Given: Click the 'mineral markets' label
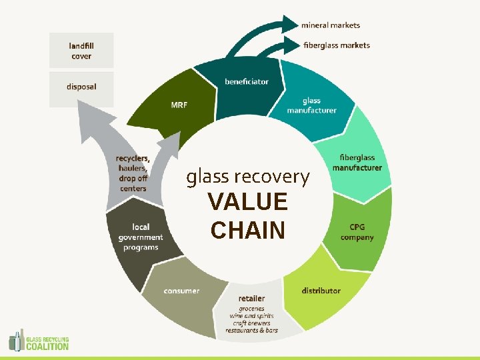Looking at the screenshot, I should (330, 25).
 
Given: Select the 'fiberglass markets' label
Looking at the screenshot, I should (336, 45).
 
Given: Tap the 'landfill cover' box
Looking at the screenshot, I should (81, 51).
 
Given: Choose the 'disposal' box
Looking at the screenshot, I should (81, 87).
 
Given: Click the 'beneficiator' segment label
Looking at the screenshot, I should (247, 81).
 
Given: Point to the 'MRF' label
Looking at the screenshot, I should (179, 105).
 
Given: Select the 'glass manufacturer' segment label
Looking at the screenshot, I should (311, 105).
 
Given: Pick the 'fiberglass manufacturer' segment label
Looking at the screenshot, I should (357, 163).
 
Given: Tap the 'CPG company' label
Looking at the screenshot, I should (357, 232).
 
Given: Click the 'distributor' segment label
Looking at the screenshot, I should (321, 291).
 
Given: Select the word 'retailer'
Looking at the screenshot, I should (251, 298).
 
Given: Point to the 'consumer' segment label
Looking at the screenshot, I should (181, 291).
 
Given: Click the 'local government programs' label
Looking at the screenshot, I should (141, 237).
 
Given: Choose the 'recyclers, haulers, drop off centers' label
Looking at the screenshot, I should (133, 173).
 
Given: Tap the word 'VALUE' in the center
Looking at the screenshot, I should (247, 202).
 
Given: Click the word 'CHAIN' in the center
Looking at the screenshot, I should (247, 230).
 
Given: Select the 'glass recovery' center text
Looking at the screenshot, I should (248, 177).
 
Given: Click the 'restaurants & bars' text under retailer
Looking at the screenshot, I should (251, 331).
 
